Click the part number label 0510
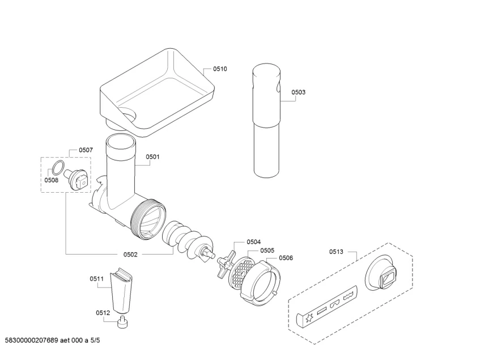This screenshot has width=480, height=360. [x=220, y=69]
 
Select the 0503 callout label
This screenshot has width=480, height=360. [x=299, y=92]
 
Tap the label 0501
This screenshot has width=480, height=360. [x=152, y=156]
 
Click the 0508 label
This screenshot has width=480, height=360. [x=52, y=180]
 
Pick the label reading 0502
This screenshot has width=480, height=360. [x=130, y=255]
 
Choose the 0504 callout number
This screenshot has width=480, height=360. [x=253, y=242]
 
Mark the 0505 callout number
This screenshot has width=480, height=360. [x=267, y=250]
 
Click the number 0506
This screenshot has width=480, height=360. [x=286, y=257]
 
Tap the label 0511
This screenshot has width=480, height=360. [x=96, y=278]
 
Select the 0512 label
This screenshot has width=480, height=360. [x=102, y=312]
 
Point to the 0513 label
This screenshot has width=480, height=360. [x=336, y=252]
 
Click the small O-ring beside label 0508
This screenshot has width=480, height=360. [x=57, y=167]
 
